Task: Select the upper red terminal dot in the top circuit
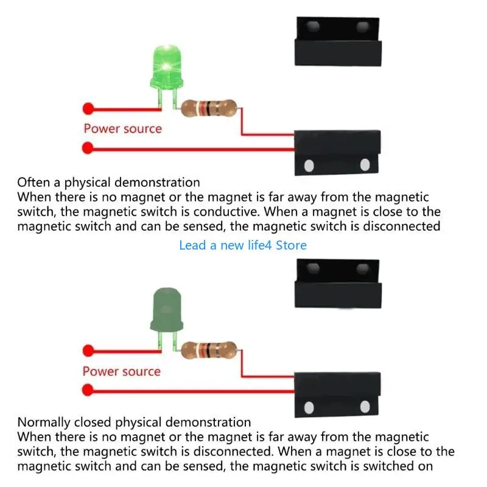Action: pos(88,109)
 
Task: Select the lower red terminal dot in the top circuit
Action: pos(88,147)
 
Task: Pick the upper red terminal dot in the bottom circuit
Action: pos(88,350)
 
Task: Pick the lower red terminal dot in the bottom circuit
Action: pos(88,389)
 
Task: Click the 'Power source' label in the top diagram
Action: pos(122,128)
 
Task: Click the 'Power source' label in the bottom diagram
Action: pos(122,371)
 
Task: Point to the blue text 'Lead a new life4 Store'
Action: pos(243,245)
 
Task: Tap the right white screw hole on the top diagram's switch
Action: pos(365,165)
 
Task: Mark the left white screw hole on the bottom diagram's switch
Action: pos(309,407)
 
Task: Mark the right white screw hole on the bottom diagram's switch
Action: pos(365,407)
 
